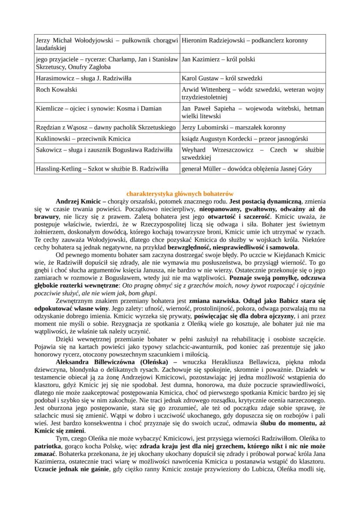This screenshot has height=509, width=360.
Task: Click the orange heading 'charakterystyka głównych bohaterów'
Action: pos(180,194)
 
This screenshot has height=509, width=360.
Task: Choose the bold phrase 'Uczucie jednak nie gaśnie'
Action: pos(72,470)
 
